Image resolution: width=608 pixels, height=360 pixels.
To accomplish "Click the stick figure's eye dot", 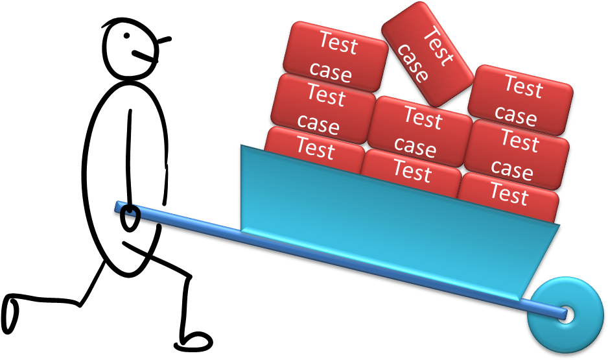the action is pyautogui.click(x=127, y=36).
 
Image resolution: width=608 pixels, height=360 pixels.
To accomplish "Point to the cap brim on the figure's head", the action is pyautogui.click(x=164, y=40).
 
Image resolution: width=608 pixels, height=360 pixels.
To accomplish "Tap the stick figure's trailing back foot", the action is pyautogui.click(x=10, y=314).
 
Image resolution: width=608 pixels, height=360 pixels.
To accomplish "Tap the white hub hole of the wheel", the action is pyautogui.click(x=567, y=314).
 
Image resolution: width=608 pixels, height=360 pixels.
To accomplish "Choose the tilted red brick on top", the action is pyautogui.click(x=427, y=54).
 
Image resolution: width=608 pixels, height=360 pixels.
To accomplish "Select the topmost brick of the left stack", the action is pyautogui.click(x=335, y=56).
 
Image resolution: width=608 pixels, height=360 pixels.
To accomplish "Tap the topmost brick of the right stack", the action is pyautogui.click(x=520, y=100).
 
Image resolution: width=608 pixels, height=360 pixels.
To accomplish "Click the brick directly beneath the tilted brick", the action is pyautogui.click(x=420, y=132).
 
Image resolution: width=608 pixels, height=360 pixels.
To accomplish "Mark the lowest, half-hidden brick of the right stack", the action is pyautogui.click(x=508, y=197).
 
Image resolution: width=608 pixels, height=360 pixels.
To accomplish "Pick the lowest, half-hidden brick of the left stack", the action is pyautogui.click(x=315, y=150).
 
